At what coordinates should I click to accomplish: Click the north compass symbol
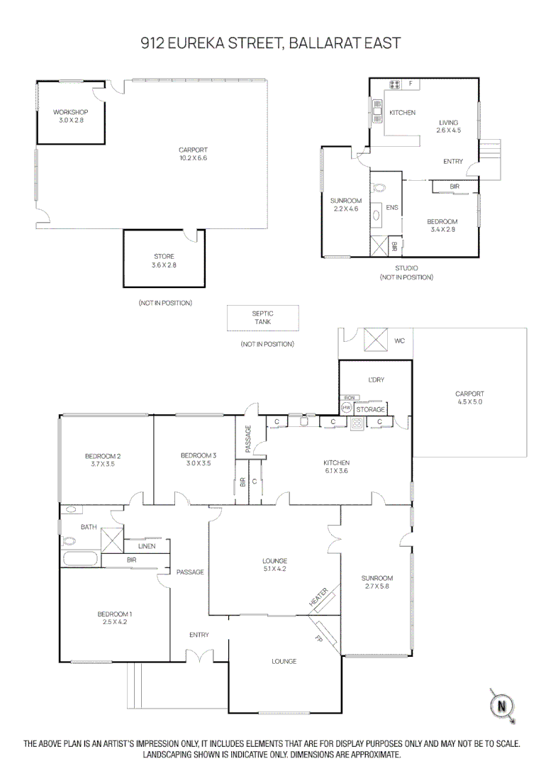[x=502, y=705]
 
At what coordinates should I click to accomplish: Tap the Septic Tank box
[x=262, y=318]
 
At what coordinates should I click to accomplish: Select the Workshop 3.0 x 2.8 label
[x=70, y=116]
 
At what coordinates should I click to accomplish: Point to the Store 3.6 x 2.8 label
[x=164, y=260]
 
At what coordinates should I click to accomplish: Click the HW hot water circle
[x=347, y=409]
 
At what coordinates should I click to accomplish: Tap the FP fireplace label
[x=318, y=638]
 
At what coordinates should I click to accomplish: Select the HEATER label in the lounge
[x=318, y=596]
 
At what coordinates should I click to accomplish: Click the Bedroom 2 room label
[x=103, y=459]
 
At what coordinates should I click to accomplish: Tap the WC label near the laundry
[x=400, y=342]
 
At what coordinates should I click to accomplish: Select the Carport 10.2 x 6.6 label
[x=192, y=153]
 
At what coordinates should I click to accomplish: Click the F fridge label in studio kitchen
[x=410, y=84]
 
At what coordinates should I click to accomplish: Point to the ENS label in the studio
[x=391, y=208]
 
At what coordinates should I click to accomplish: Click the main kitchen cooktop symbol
[x=357, y=423]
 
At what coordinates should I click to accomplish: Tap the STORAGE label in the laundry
[x=370, y=410]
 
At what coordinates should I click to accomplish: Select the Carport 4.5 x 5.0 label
[x=469, y=397]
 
